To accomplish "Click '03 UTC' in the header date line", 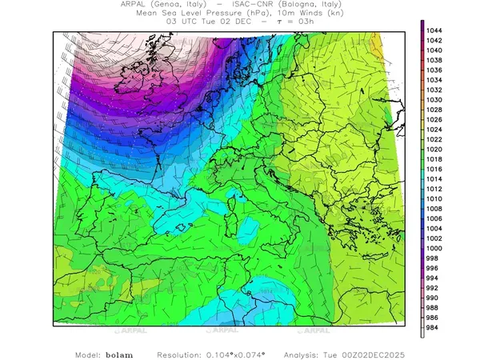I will point(181,22).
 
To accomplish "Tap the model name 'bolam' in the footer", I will point(119,353).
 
